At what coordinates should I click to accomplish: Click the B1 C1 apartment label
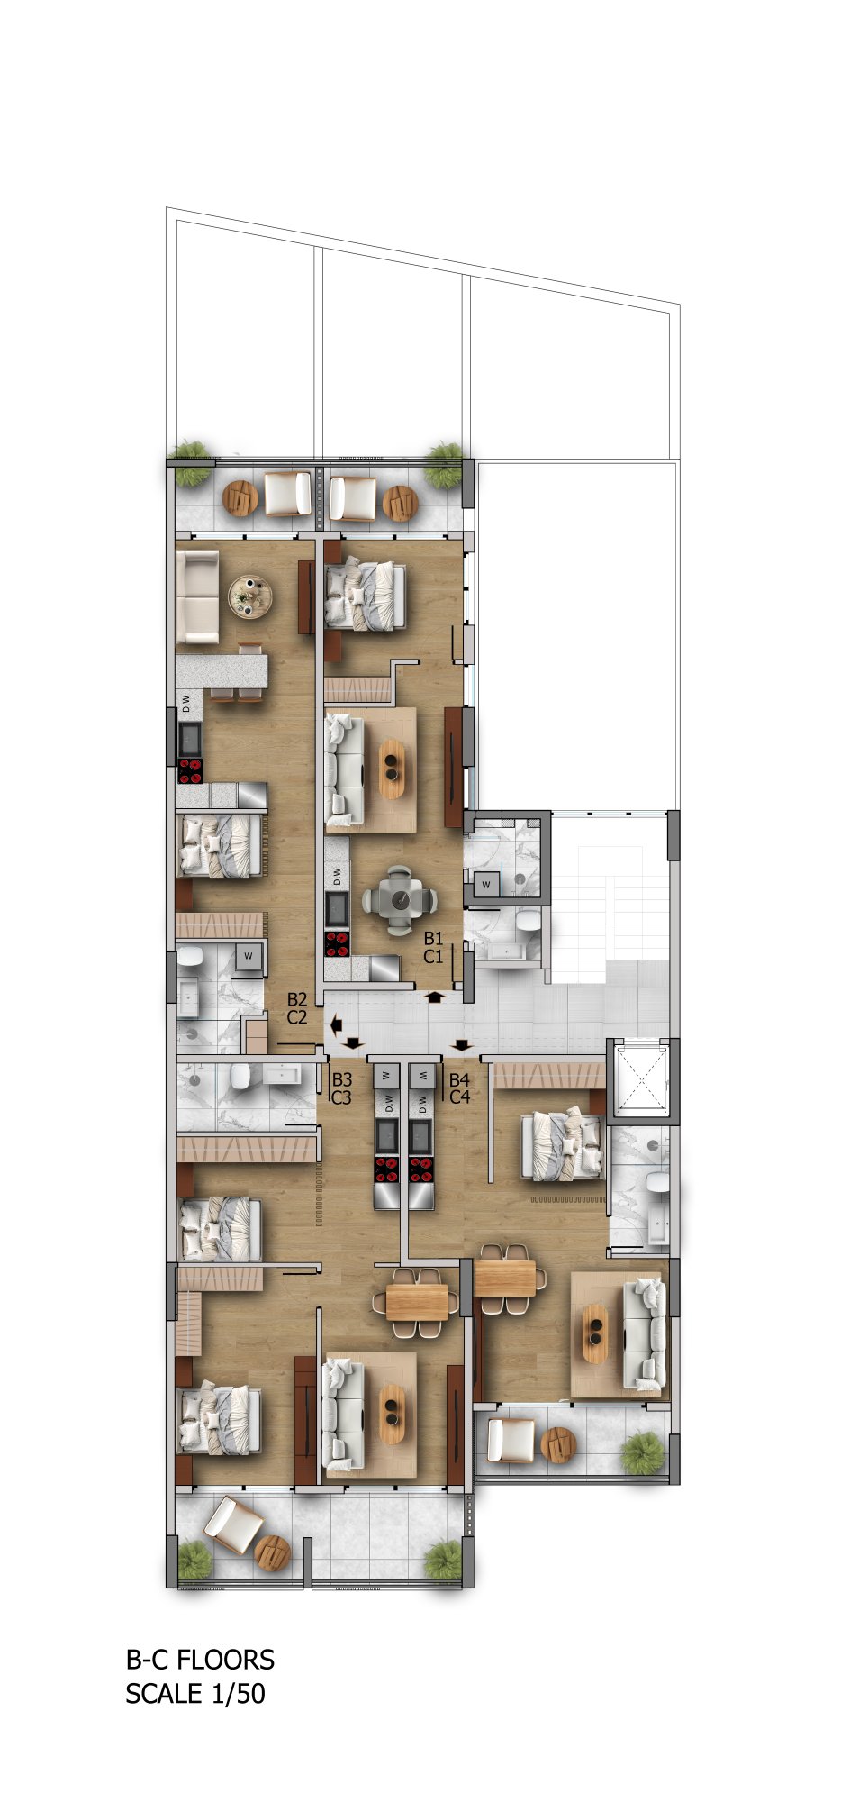pyautogui.click(x=433, y=947)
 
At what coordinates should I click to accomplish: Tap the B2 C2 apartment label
pyautogui.click(x=297, y=1008)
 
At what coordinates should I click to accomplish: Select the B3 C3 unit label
pyautogui.click(x=341, y=1088)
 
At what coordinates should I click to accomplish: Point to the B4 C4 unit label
pyautogui.click(x=459, y=1088)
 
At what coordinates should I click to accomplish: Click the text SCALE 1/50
pyautogui.click(x=195, y=1694)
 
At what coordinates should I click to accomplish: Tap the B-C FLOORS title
pyautogui.click(x=200, y=1660)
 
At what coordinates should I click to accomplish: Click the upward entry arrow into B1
pyautogui.click(x=435, y=997)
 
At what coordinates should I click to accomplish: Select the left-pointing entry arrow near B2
pyautogui.click(x=337, y=1024)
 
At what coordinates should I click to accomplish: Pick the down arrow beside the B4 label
pyautogui.click(x=462, y=1045)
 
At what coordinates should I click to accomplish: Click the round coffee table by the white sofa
pyautogui.click(x=249, y=596)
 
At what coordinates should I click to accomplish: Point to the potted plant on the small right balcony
pyautogui.click(x=643, y=1452)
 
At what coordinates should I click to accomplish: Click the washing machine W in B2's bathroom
pyautogui.click(x=249, y=956)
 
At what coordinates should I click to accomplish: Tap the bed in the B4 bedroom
pyautogui.click(x=563, y=1144)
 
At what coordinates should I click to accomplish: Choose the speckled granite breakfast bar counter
pyautogui.click(x=222, y=671)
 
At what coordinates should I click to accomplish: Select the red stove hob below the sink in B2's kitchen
pyautogui.click(x=190, y=771)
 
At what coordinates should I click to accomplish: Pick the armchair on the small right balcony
pyautogui.click(x=511, y=1440)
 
